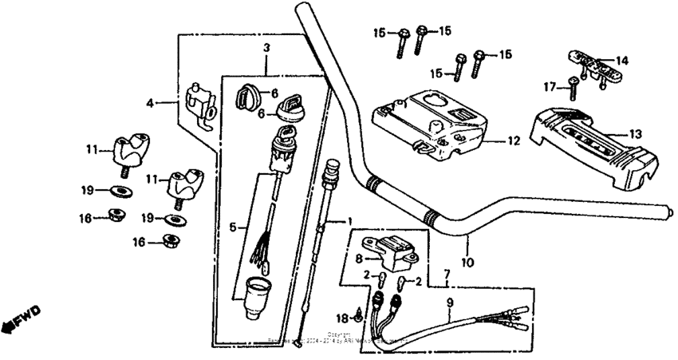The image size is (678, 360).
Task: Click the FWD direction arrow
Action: coord(20,318)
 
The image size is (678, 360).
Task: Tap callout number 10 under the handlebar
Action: coord(468,261)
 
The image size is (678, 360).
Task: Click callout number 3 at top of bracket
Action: coord(267,49)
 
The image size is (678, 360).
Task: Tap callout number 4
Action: coord(150,102)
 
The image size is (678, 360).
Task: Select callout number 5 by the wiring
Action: coord(232,227)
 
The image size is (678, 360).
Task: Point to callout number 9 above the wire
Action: coord(449,303)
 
